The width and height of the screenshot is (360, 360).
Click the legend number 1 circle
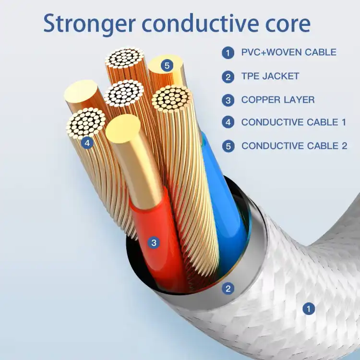pos(228,53)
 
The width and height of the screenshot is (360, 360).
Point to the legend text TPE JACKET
pos(270,76)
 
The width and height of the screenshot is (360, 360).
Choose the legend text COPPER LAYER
pos(278,100)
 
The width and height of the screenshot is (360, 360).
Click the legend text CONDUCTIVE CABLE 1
pos(294,122)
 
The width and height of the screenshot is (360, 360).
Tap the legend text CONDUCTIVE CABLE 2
pos(294,146)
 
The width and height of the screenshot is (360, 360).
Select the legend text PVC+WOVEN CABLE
pos(289,52)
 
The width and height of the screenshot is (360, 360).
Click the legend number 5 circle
pos(228,146)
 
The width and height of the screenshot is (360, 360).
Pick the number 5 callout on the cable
pos(167,66)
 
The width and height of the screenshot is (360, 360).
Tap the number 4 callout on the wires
pos(87,143)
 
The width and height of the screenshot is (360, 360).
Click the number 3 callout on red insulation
pos(154,243)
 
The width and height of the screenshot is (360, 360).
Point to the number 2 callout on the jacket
pos(228,288)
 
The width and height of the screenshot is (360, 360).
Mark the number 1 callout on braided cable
pos(309,309)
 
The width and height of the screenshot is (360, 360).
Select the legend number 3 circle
pos(228,100)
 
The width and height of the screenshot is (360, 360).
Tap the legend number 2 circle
pos(228,77)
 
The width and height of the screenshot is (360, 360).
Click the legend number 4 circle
pos(228,122)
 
